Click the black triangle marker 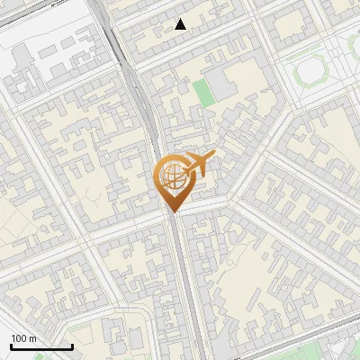181,24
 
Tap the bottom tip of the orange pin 171,211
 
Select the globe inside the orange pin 171,177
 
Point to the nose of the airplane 213,157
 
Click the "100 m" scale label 24,338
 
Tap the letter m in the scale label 33,339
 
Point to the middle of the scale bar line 41,347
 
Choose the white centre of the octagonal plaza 312,70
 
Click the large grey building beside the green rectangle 220,79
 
